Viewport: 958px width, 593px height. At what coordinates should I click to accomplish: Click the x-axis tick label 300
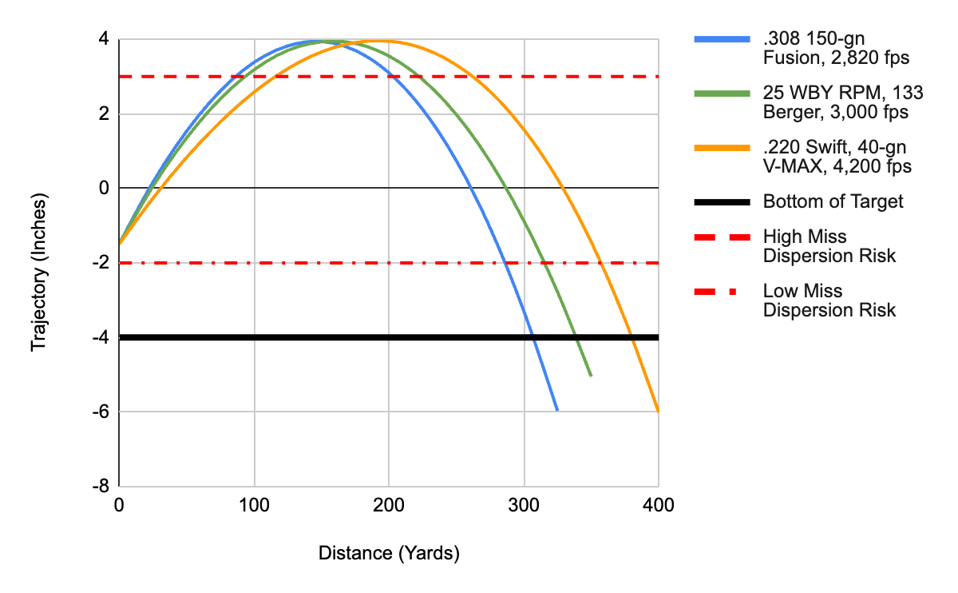524,505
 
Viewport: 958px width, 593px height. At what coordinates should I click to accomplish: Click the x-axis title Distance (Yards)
389,553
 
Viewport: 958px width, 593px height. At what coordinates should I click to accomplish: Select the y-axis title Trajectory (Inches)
38,274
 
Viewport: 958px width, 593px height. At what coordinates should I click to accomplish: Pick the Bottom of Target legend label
833,201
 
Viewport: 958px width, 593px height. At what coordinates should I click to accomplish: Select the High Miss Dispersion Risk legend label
816,246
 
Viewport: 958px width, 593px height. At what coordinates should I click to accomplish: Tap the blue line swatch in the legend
722,39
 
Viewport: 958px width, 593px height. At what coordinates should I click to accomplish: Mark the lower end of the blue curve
557,411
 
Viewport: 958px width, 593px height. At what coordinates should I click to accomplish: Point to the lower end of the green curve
591,376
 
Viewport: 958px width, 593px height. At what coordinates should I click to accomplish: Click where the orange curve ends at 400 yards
658,411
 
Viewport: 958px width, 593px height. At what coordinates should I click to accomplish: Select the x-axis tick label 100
254,505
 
